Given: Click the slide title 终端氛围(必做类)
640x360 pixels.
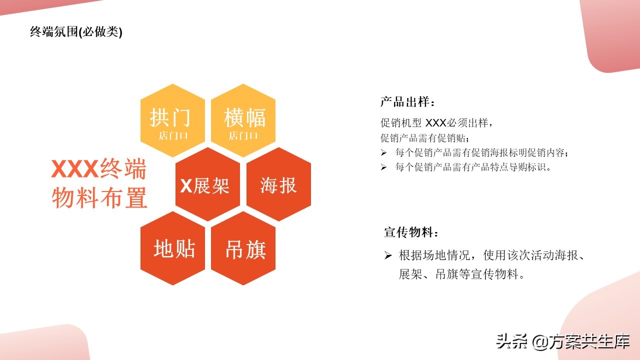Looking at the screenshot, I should [76, 32].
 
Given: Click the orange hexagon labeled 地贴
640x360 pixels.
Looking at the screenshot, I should [173, 248].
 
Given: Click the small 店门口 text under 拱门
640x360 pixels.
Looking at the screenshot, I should [173, 135].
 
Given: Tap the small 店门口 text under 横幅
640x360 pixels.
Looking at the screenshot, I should [243, 135].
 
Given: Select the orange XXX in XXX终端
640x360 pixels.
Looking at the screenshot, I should [74, 169].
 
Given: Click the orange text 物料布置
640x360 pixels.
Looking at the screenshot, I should [99, 197].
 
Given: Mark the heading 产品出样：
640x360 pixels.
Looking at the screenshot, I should [407, 102].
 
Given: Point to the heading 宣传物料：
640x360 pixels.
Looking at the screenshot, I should [411, 232].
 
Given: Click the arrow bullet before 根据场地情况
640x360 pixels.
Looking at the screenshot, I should [387, 256].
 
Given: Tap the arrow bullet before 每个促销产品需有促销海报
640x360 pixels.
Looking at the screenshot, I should [383, 152].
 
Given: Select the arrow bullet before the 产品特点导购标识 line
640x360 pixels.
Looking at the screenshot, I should [383, 167].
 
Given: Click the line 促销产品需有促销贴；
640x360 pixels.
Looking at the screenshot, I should [425, 137].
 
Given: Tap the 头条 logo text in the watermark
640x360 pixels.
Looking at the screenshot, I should [511, 342].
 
